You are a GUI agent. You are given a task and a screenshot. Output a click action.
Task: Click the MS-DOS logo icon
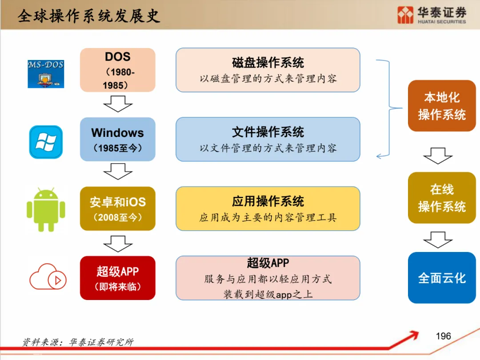point(45,74)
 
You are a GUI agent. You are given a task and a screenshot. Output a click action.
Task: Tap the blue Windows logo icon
point(46,142)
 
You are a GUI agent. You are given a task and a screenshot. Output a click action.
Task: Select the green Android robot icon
point(46,209)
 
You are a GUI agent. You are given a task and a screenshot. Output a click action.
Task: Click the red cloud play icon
point(48,277)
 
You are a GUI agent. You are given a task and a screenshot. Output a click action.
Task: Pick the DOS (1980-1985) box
point(118,70)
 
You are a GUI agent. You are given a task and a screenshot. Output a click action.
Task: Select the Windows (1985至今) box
point(118,139)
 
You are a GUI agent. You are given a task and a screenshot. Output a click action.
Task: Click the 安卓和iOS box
point(118,208)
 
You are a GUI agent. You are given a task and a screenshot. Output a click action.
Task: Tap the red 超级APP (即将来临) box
point(118,278)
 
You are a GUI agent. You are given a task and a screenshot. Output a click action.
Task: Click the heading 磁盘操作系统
point(268,63)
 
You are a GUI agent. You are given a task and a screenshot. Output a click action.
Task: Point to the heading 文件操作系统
point(268,132)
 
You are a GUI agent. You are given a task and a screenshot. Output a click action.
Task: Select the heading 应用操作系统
point(268,201)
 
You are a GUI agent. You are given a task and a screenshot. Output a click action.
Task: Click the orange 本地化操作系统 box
point(442,106)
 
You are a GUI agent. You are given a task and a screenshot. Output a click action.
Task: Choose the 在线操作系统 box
point(442,198)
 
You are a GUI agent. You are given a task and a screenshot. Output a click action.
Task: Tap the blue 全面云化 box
point(442,278)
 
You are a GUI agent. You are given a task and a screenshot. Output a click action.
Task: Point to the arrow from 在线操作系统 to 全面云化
point(438,240)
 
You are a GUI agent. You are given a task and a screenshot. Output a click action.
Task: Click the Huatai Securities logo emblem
point(405,15)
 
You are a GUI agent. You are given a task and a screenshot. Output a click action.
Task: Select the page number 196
point(443,336)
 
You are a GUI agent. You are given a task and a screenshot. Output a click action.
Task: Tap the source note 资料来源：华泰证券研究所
point(78,342)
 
